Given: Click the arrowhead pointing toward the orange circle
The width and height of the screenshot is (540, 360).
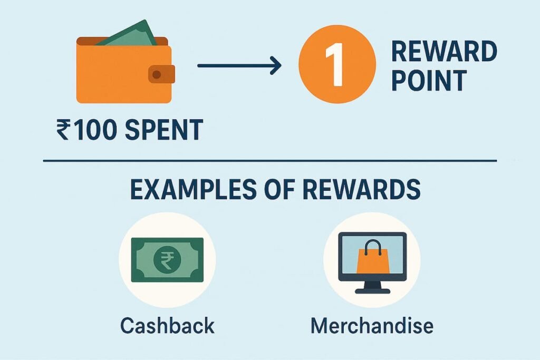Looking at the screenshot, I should pyautogui.click(x=274, y=66).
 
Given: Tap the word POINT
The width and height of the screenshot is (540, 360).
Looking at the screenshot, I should pyautogui.click(x=429, y=81).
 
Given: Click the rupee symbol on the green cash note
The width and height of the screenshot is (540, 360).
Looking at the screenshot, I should pyautogui.click(x=166, y=260).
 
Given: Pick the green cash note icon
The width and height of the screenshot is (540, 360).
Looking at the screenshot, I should pyautogui.click(x=166, y=260).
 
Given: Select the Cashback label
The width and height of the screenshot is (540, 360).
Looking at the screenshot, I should pyautogui.click(x=167, y=325).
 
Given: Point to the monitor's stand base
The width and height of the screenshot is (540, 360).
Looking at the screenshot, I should pyautogui.click(x=372, y=290).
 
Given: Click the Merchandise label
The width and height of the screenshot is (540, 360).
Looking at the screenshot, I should pyautogui.click(x=372, y=325).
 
